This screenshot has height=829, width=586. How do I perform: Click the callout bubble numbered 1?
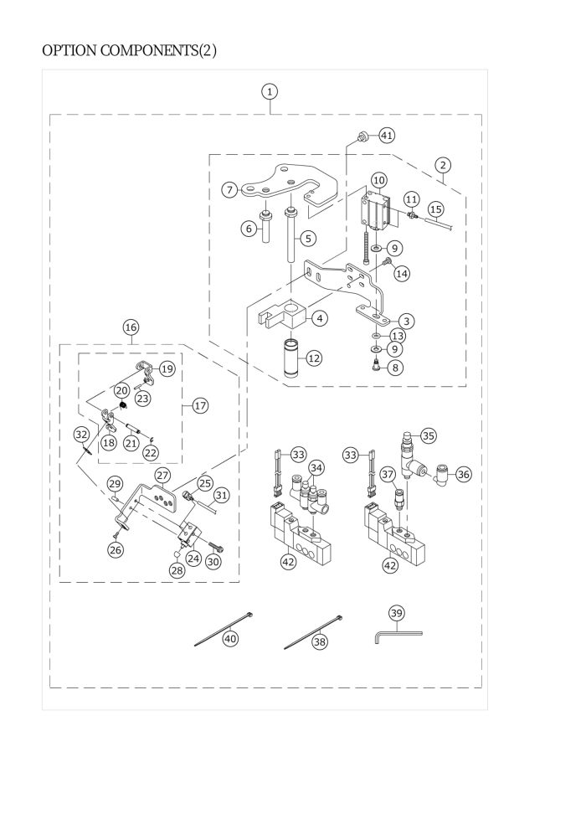(x=270, y=91)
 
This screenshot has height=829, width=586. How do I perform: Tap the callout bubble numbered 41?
(x=387, y=136)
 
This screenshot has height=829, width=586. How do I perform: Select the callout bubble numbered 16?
(x=131, y=327)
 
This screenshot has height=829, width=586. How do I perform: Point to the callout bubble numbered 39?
(x=396, y=613)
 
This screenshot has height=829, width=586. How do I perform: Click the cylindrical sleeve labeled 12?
(x=291, y=358)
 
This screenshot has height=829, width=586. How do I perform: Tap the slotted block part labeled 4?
(x=283, y=314)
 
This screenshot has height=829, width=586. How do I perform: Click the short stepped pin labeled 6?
(x=265, y=226)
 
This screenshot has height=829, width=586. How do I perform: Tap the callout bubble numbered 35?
(x=428, y=436)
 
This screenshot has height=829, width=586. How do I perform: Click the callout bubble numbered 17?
(x=200, y=405)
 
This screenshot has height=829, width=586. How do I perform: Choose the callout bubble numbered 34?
(x=316, y=468)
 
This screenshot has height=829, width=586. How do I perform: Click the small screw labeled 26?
(x=116, y=534)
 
